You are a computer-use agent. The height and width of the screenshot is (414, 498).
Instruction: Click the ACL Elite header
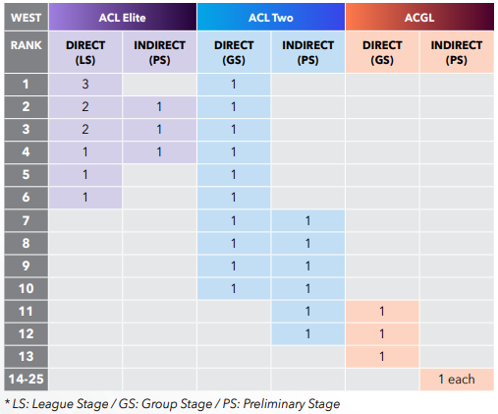[x=123, y=17]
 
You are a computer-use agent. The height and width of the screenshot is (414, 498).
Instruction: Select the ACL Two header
[x=271, y=17]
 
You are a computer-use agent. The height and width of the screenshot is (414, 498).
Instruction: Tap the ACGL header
[x=419, y=17]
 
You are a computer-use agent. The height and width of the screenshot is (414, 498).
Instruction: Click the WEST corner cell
[x=27, y=17]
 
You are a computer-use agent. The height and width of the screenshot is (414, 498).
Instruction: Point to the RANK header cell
[x=27, y=52]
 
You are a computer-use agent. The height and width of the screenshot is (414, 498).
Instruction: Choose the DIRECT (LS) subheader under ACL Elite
[x=85, y=52]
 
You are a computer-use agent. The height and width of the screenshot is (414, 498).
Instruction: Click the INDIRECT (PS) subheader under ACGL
[x=457, y=52]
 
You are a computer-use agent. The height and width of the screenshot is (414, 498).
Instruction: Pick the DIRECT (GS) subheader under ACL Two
[x=234, y=52]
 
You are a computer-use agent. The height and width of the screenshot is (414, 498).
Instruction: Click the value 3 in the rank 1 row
[x=85, y=85]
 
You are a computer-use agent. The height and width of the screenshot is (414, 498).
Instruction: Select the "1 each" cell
[x=457, y=380]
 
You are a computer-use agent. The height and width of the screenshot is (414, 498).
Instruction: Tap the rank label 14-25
[x=27, y=380]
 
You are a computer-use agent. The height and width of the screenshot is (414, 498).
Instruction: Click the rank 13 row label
[x=27, y=357]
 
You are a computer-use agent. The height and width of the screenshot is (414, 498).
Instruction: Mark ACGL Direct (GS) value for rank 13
[x=382, y=357]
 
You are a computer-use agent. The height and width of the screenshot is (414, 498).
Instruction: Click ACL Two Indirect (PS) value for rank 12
[x=307, y=334]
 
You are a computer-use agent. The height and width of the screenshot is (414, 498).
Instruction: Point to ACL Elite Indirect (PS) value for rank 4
[x=159, y=152]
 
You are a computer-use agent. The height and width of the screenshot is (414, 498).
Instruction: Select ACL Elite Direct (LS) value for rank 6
[x=85, y=198]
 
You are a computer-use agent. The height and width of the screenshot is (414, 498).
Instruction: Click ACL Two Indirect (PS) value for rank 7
[x=307, y=221]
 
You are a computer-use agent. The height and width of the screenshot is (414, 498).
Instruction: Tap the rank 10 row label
[x=27, y=289]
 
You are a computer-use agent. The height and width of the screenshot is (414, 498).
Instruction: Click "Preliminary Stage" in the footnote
[x=292, y=404]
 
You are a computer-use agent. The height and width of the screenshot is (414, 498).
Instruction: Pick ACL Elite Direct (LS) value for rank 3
[x=85, y=130]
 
